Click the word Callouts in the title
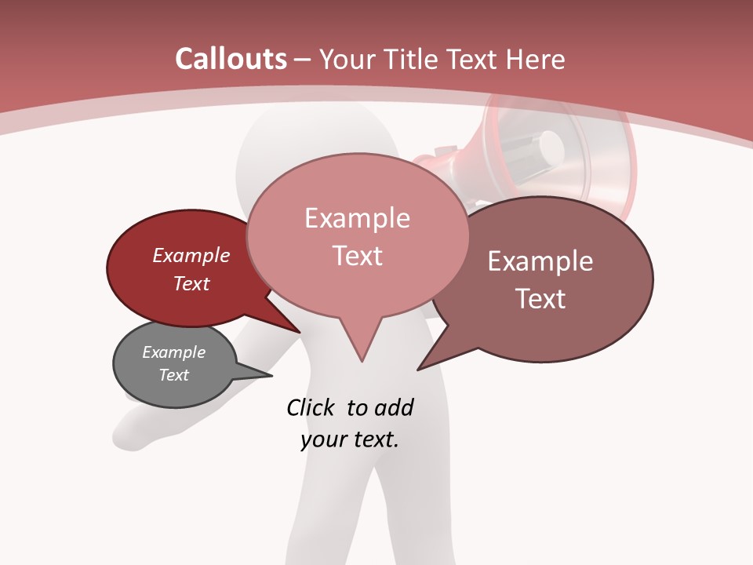tap(231, 59)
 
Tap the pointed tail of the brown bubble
tap(427, 363)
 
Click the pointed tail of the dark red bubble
tap(292, 326)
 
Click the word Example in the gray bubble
tap(174, 352)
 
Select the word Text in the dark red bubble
tap(191, 283)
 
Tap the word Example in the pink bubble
tap(357, 217)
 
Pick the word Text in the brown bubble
tap(540, 298)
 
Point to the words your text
tap(349, 439)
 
